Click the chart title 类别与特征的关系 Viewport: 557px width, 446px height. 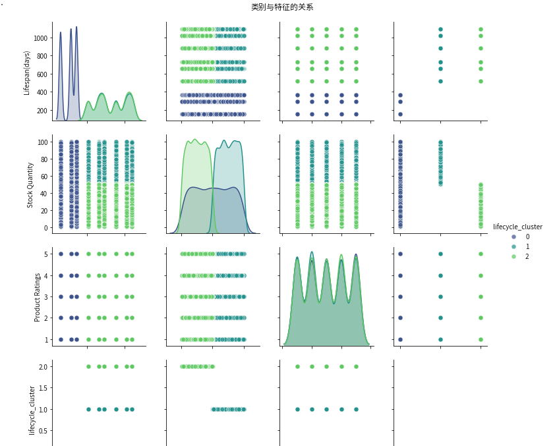point(282,7)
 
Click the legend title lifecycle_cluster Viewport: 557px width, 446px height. point(517,227)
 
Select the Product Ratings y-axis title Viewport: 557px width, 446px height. point(38,297)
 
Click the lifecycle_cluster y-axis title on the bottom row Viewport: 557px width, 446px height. point(32,402)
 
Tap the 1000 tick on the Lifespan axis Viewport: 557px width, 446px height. point(40,38)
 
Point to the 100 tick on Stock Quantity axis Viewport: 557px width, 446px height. point(43,142)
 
